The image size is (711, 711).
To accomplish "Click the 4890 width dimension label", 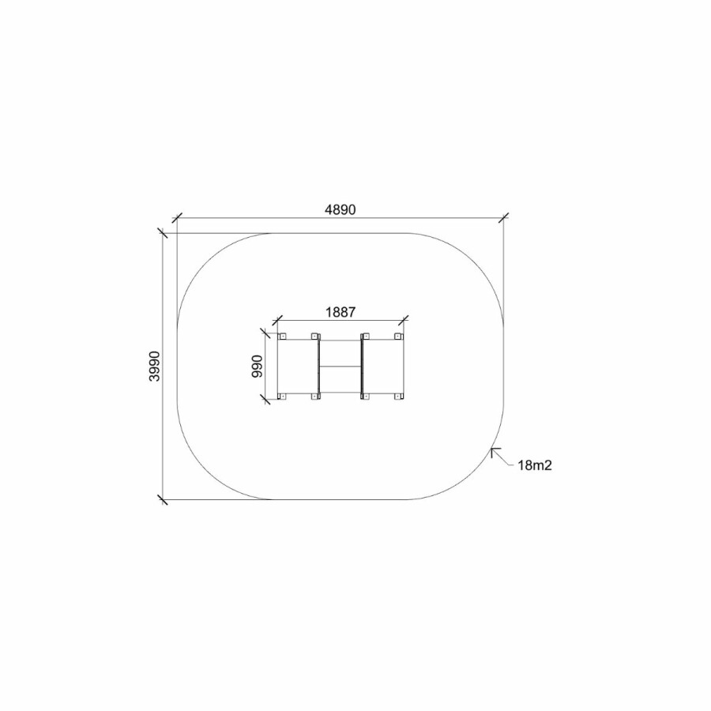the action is [x=340, y=209].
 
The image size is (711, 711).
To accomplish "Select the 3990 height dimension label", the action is [x=155, y=366].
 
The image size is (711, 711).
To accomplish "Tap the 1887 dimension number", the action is [x=340, y=312].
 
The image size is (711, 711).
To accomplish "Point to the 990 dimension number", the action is [x=257, y=367].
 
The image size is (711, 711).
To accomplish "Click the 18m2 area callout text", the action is [x=535, y=465].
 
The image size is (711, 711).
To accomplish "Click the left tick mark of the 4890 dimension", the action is [x=177, y=218].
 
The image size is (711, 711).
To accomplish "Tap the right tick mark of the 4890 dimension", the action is [x=503, y=218].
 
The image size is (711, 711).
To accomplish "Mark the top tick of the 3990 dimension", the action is [x=162, y=234].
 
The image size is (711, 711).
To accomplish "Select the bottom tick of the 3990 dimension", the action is [x=162, y=500].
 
